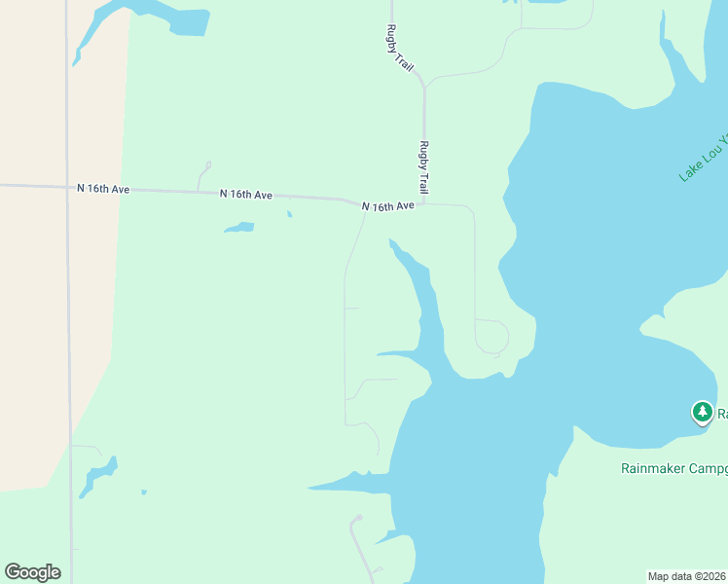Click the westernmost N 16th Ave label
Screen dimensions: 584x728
tap(103, 189)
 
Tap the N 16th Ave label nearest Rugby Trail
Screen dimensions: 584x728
tap(387, 206)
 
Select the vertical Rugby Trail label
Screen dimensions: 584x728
tap(423, 166)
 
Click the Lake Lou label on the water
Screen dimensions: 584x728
tap(702, 156)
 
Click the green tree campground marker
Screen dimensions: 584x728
tap(702, 412)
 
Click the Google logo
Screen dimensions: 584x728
tap(32, 572)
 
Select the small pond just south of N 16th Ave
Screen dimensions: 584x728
tap(239, 228)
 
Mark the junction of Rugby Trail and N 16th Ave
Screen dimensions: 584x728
tap(424, 204)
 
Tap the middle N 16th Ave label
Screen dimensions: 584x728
tap(245, 195)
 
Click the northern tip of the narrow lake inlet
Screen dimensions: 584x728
tap(391, 240)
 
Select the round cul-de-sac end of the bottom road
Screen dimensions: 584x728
tap(359, 517)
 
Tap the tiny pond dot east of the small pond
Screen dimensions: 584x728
tap(289, 214)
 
